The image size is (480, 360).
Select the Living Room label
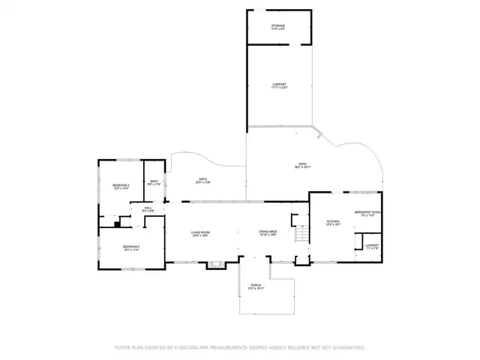(199, 233)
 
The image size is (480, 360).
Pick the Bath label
(154, 181)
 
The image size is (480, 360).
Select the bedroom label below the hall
(131, 248)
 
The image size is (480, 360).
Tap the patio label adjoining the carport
(303, 165)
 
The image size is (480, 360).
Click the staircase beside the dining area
(300, 234)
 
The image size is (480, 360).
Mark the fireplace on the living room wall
(216, 263)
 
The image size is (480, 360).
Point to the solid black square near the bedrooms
(117, 223)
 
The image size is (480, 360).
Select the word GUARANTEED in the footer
(347, 347)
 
